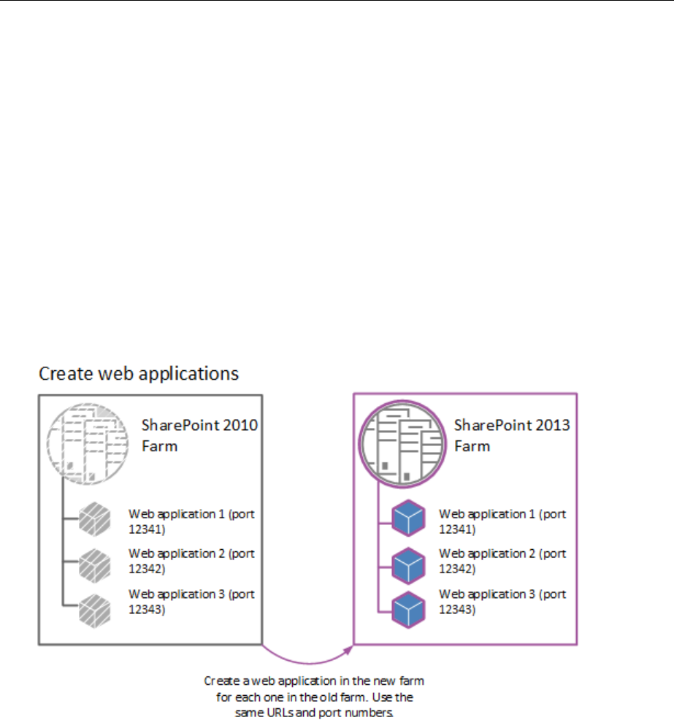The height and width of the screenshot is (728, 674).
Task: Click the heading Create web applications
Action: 139,374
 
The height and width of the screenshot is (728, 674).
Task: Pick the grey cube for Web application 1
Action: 94,520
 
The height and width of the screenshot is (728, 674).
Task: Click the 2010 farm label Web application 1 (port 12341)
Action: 191,521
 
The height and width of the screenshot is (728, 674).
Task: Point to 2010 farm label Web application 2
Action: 191,561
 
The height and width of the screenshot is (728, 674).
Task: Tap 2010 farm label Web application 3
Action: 191,601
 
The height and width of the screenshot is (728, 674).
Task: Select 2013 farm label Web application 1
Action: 502,521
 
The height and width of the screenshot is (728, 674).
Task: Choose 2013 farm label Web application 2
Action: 502,561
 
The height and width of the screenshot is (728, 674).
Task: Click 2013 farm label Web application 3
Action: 502,601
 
